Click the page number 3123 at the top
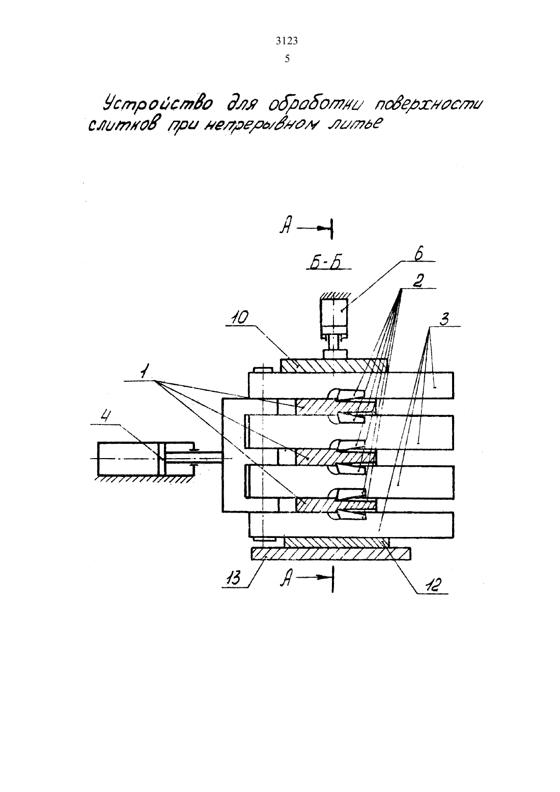coord(287,41)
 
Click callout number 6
coord(419,254)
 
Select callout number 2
coord(418,281)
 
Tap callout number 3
coord(444,319)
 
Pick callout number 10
coord(243,318)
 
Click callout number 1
coord(144,372)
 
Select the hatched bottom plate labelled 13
coord(331,554)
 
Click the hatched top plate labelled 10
coord(333,365)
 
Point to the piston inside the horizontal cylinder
coord(162,458)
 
